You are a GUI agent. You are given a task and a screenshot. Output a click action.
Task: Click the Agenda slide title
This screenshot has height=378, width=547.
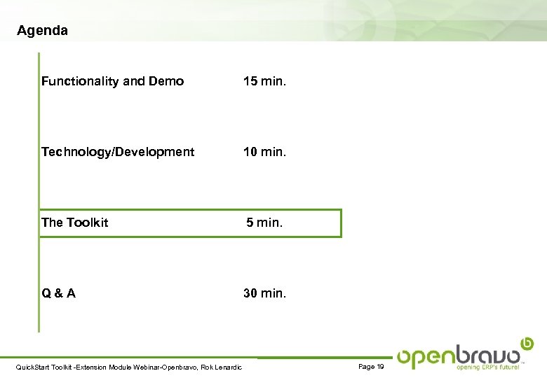pyautogui.click(x=42, y=31)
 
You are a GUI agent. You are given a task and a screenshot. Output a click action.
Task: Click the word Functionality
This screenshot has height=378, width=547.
pyautogui.click(x=80, y=81)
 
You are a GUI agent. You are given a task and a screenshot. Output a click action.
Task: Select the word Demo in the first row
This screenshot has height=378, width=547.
pyautogui.click(x=167, y=81)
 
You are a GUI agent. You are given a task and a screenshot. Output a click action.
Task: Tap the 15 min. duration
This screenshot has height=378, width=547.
pyautogui.click(x=264, y=81)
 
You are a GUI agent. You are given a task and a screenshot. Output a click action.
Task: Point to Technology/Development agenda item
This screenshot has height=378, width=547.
pyautogui.click(x=118, y=152)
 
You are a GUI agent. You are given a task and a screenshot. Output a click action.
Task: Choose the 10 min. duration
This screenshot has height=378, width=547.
pyautogui.click(x=264, y=152)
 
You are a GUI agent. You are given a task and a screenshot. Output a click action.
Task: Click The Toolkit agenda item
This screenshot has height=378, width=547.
pyautogui.click(x=75, y=223)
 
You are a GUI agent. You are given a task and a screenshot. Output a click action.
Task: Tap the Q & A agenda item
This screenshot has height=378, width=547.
pyautogui.click(x=58, y=293)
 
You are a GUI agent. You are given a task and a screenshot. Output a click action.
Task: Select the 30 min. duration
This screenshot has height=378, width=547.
pyautogui.click(x=264, y=293)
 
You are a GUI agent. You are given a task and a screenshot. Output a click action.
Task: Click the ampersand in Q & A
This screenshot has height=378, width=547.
pyautogui.click(x=58, y=293)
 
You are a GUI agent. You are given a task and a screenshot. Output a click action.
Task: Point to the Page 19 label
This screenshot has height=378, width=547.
pyautogui.click(x=371, y=367)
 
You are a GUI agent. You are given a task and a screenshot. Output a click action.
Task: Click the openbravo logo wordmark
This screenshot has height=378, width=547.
pyautogui.click(x=459, y=355)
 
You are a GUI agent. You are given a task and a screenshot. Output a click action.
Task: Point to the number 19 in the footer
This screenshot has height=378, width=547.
pyautogui.click(x=379, y=367)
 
